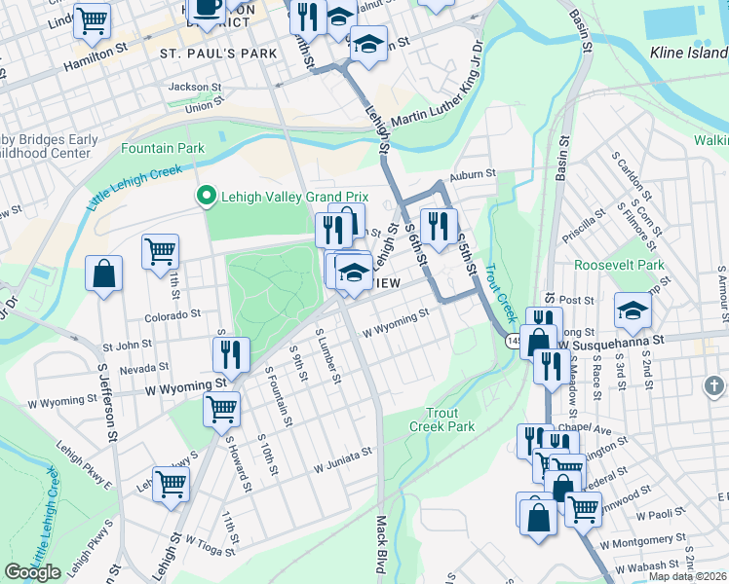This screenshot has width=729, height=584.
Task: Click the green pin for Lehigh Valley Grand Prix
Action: click(206, 197)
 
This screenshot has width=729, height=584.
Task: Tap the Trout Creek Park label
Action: click(441, 420)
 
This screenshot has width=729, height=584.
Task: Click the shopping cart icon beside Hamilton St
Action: click(92, 19)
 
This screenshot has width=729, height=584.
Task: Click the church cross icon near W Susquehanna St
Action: click(714, 387)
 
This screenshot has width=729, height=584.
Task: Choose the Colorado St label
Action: click(173, 314)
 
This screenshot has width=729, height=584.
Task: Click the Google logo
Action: click(33, 572)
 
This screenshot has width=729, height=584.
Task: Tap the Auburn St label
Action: click(472, 174)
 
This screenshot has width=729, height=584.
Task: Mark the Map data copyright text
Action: click(687, 576)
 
